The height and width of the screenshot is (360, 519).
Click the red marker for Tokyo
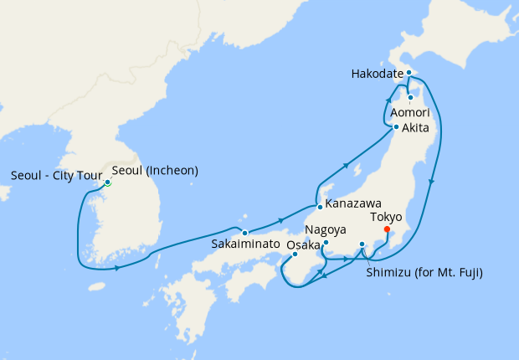pyautogui.click(x=386, y=229)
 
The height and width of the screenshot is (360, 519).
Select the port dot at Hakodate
pyautogui.click(x=409, y=73)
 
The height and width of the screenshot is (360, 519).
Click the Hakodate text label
pyautogui.click(x=376, y=74)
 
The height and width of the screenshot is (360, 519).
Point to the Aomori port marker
pyautogui.click(x=410, y=98)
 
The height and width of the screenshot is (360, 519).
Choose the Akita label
pyautogui.click(x=416, y=128)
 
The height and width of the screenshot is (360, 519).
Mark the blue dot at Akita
pyautogui.click(x=396, y=127)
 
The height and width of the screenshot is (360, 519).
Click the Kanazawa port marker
pyautogui.click(x=319, y=206)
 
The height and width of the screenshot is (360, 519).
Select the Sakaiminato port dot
pyautogui.click(x=244, y=232)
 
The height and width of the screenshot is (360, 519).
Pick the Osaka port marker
pyautogui.click(x=295, y=255)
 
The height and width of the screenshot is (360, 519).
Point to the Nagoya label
pyautogui.click(x=325, y=229)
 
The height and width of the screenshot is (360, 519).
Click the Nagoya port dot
pyautogui.click(x=326, y=244)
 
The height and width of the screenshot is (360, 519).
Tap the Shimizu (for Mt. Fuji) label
pyautogui.click(x=424, y=272)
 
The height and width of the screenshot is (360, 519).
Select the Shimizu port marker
pyautogui.click(x=362, y=244)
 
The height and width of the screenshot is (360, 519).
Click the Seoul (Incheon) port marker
pyautogui.click(x=107, y=183)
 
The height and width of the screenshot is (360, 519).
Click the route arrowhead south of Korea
pyautogui.click(x=116, y=268)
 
